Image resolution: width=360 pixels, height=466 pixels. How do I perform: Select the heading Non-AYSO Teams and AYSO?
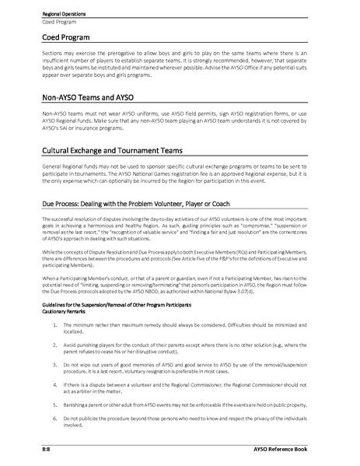coord(93,99)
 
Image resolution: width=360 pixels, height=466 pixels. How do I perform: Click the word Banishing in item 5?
coord(75,405)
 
